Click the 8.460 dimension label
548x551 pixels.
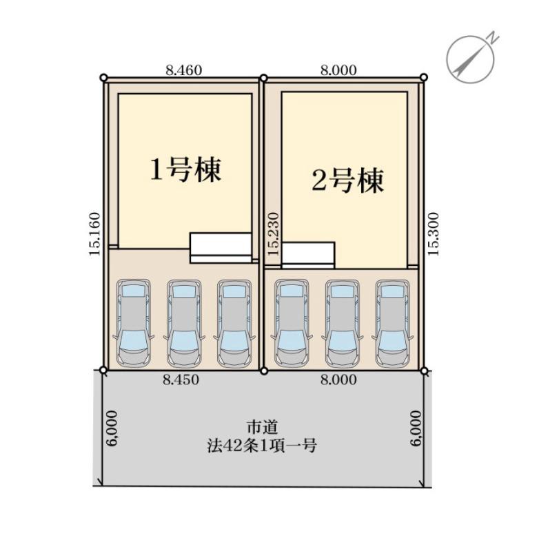point(183,70)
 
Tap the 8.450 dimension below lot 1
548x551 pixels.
point(181,380)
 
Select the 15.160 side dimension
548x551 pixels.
point(94,233)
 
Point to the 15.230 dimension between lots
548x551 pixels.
point(273,233)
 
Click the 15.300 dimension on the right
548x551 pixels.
point(434,233)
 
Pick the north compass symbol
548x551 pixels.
point(471,59)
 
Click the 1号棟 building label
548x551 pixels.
point(185,169)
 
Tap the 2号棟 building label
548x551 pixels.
point(347,180)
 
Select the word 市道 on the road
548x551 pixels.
point(263,427)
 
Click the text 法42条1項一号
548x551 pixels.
point(262,446)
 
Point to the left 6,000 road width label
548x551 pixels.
point(112,428)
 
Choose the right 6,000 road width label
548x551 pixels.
point(416,428)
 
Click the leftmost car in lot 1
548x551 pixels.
point(133,323)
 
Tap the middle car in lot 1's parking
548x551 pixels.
point(184,323)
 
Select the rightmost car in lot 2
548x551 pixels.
point(392,323)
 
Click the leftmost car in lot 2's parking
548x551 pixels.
point(292,323)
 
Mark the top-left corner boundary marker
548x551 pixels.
point(103,77)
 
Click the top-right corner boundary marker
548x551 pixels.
point(424,77)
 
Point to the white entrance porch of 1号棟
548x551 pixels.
point(221,248)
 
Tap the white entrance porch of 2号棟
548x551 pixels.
point(308,255)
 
